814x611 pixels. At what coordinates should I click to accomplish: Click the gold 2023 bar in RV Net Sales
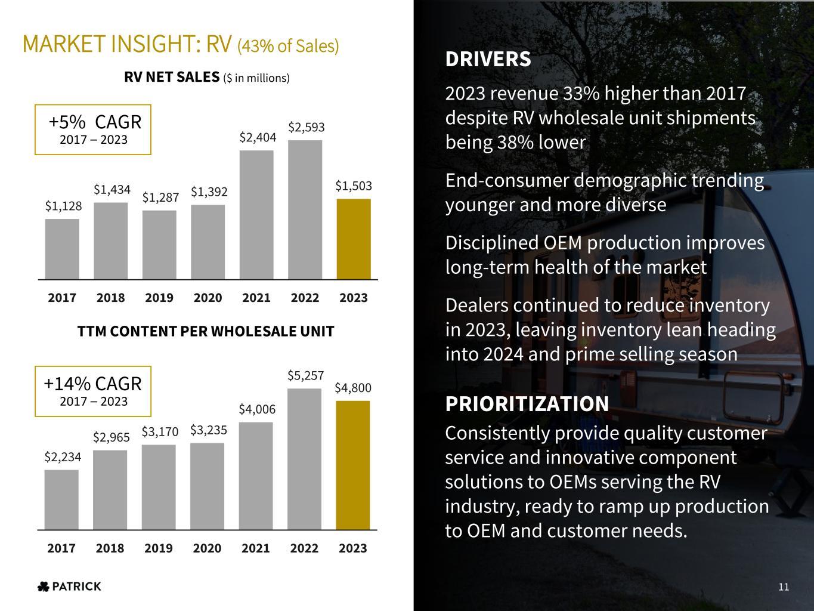click(354, 239)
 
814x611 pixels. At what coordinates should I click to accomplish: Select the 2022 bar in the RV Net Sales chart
click(305, 209)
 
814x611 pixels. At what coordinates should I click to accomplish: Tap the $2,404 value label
click(258, 138)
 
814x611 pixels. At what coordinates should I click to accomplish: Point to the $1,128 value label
click(63, 206)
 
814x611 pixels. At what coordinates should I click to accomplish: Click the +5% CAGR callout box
click(93, 129)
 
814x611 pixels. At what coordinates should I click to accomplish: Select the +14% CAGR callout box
click(93, 391)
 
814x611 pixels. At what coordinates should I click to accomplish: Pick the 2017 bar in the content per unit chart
click(61, 499)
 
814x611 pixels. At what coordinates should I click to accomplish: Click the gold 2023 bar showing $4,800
click(353, 465)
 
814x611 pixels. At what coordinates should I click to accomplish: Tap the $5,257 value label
click(305, 376)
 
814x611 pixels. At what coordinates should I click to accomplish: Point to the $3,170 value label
click(160, 432)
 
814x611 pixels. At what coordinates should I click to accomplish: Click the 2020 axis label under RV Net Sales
click(208, 298)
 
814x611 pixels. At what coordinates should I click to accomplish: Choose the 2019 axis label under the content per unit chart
click(159, 548)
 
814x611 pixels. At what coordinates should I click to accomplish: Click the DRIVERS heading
click(488, 60)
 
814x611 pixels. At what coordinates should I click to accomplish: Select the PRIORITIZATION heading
click(527, 404)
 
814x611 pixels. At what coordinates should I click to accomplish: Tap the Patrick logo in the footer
click(69, 587)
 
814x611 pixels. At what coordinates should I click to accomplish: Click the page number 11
click(784, 587)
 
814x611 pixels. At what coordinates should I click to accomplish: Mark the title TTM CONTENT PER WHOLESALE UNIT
click(206, 331)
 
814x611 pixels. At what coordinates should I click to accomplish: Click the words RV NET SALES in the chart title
click(172, 77)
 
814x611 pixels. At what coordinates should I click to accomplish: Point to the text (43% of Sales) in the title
click(288, 45)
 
